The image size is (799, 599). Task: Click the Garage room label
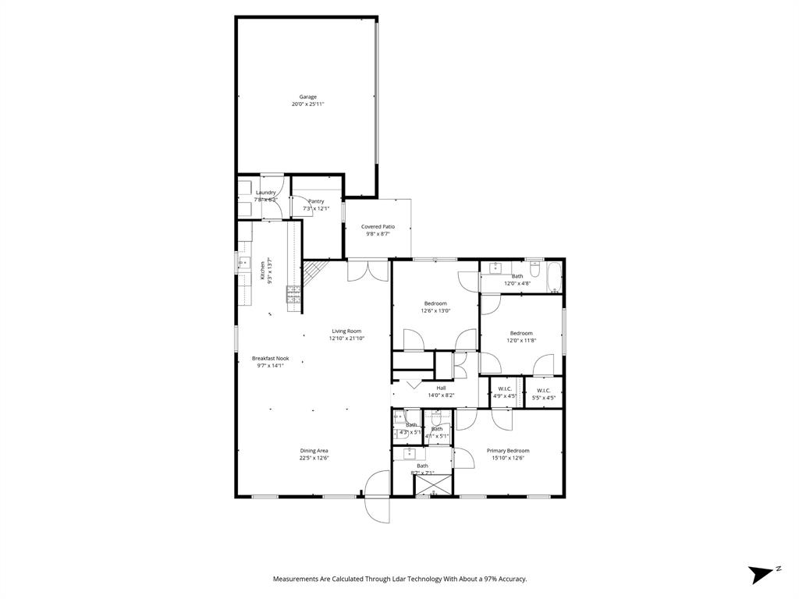pos(307,97)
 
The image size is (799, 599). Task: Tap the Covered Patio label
pos(378,227)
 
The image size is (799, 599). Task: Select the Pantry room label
pos(316,201)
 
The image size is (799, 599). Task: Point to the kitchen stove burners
pos(294,293)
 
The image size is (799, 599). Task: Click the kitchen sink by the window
pos(243,264)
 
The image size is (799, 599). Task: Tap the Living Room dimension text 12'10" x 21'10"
pos(346,338)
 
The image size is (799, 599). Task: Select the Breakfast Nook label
pos(270,359)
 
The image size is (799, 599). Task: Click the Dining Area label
pos(314,451)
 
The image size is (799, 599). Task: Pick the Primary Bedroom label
pos(508,451)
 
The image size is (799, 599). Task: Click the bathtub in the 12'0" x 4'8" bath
pos(553,275)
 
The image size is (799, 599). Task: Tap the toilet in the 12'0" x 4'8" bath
pos(535,268)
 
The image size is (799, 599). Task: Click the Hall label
pos(441,388)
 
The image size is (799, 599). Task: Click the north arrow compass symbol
pos(759,575)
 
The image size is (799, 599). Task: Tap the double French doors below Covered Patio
pos(368,270)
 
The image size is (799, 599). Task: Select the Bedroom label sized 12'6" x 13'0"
pos(435,303)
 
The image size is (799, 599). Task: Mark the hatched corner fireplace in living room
pos(312,272)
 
